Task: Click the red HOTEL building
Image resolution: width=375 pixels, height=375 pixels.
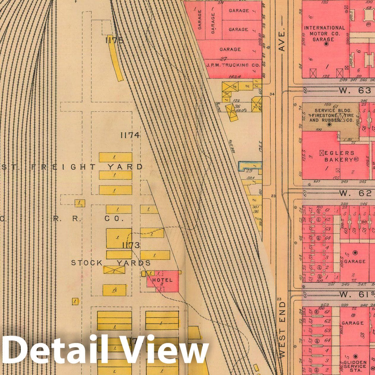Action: (163, 281)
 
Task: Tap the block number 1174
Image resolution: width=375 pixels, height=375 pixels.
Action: (130, 135)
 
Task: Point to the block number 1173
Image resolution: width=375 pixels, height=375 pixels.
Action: (131, 245)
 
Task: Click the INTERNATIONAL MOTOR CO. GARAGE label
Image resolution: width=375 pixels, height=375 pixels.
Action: (324, 33)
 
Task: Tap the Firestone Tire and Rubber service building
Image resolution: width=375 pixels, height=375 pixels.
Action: (330, 116)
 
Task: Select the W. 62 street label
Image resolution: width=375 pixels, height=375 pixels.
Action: (355, 193)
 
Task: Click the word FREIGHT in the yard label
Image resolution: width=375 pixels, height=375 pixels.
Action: (64, 167)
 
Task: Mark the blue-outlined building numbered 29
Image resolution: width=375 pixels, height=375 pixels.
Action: (250, 165)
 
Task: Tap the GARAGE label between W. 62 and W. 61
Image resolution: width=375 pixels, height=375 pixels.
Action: (355, 261)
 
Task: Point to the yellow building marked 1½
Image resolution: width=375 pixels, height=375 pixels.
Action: (114, 290)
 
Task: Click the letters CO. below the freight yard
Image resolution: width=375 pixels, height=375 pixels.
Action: (114, 219)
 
